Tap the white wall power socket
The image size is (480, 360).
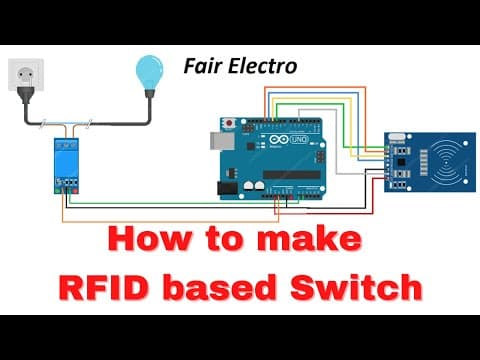click(26, 74)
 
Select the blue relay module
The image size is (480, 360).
click(66, 166)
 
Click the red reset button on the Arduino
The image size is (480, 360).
click(229, 123)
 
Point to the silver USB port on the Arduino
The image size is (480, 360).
click(222, 140)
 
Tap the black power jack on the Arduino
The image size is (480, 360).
click(227, 188)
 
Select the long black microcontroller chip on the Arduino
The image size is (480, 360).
click(292, 174)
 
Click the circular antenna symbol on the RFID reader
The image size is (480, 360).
click(446, 163)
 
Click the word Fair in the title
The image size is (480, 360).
click(203, 66)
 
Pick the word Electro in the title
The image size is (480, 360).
click(263, 66)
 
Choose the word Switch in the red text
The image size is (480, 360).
click(356, 287)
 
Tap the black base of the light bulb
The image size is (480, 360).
click(149, 93)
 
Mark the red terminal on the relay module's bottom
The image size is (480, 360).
click(76, 191)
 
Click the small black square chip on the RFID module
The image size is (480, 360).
click(401, 162)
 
